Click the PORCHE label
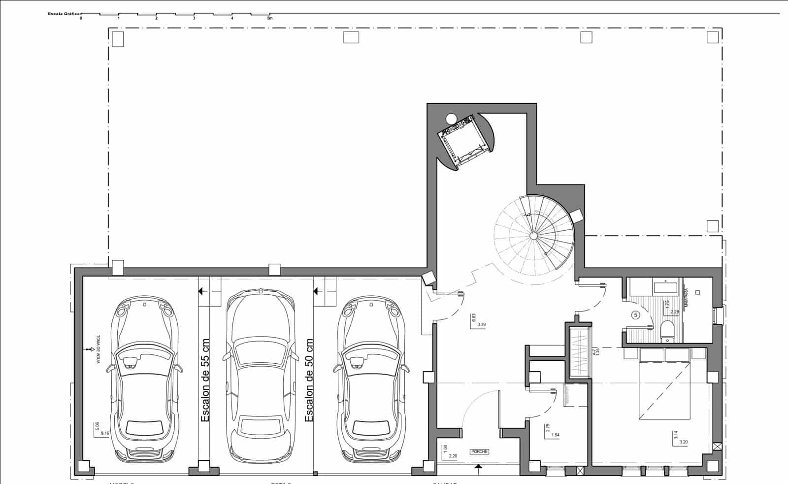tap(479, 451)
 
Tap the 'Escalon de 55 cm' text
tap(205, 380)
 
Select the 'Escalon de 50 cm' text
tap(309, 380)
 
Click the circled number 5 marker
tap(636, 315)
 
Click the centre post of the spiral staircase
tap(533, 236)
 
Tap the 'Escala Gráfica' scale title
tap(64, 14)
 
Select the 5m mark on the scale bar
tap(269, 18)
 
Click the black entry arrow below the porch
tap(477, 467)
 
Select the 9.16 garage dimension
tap(105, 434)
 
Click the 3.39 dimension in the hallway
tap(482, 324)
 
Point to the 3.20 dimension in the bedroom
tap(683, 442)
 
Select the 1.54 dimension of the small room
tap(556, 435)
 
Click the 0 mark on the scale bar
tap(81, 18)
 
